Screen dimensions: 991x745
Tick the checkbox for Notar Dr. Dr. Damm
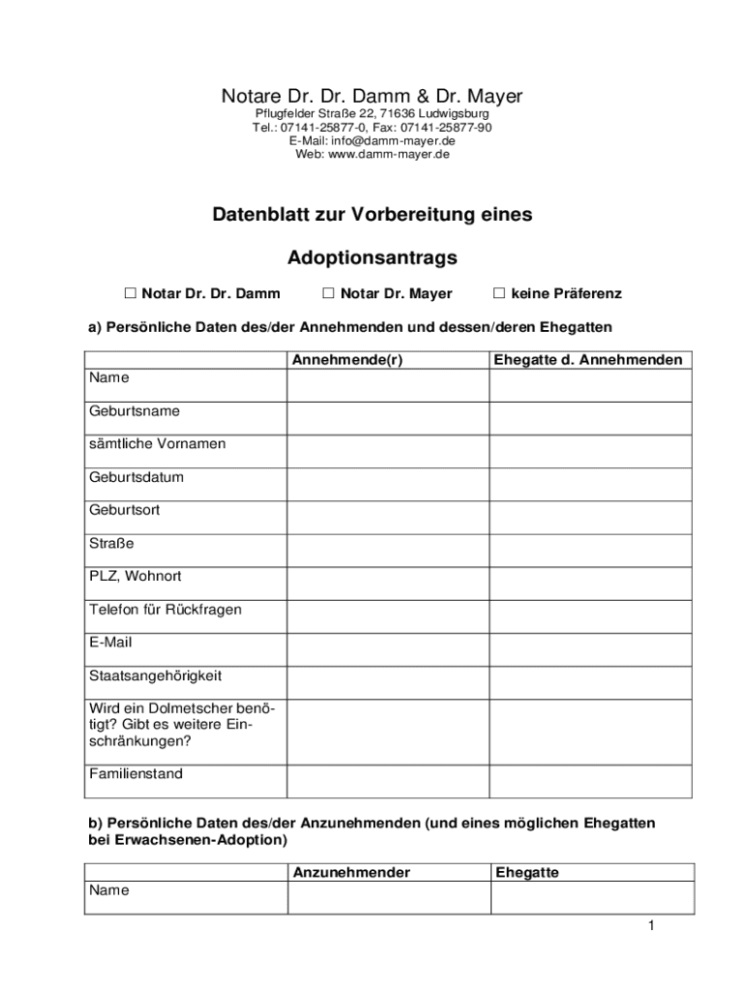[x=130, y=292]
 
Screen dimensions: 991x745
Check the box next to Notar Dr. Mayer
[x=328, y=292]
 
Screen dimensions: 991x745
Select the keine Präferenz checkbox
[x=499, y=292]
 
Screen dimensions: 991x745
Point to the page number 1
[x=652, y=926]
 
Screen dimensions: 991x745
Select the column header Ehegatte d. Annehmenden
[x=587, y=360]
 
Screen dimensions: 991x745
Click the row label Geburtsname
[x=134, y=411]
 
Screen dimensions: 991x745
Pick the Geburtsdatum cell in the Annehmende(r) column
[x=387, y=484]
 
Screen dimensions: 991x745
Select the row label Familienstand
[x=136, y=774]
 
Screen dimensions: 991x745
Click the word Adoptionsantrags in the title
[x=372, y=258]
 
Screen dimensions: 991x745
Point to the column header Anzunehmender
[x=351, y=873]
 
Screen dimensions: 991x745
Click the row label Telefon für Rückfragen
[x=165, y=610]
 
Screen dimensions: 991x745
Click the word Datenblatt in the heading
[x=259, y=215]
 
